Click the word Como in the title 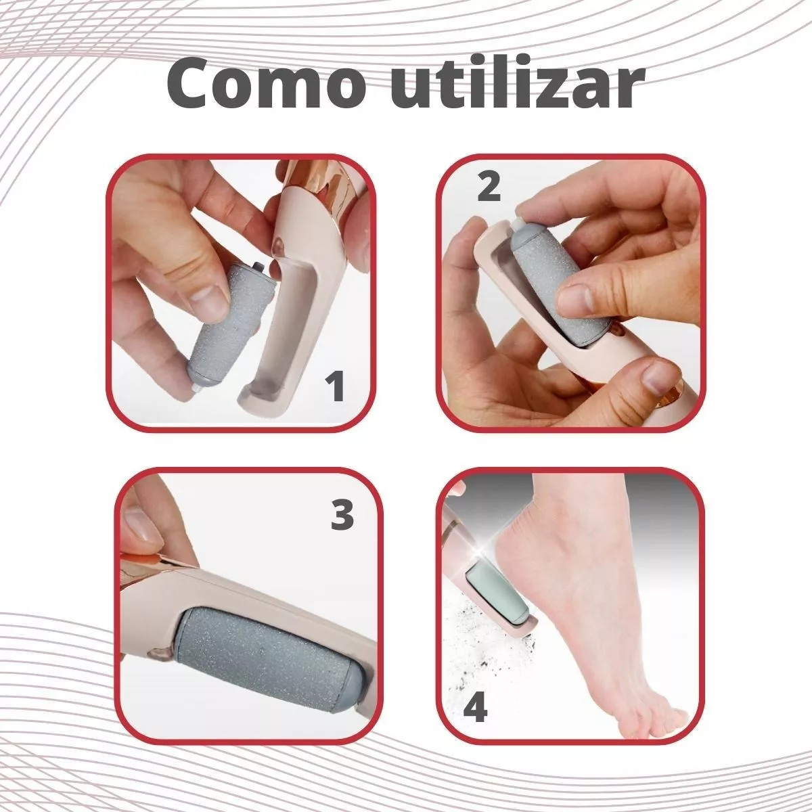[x=267, y=85]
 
